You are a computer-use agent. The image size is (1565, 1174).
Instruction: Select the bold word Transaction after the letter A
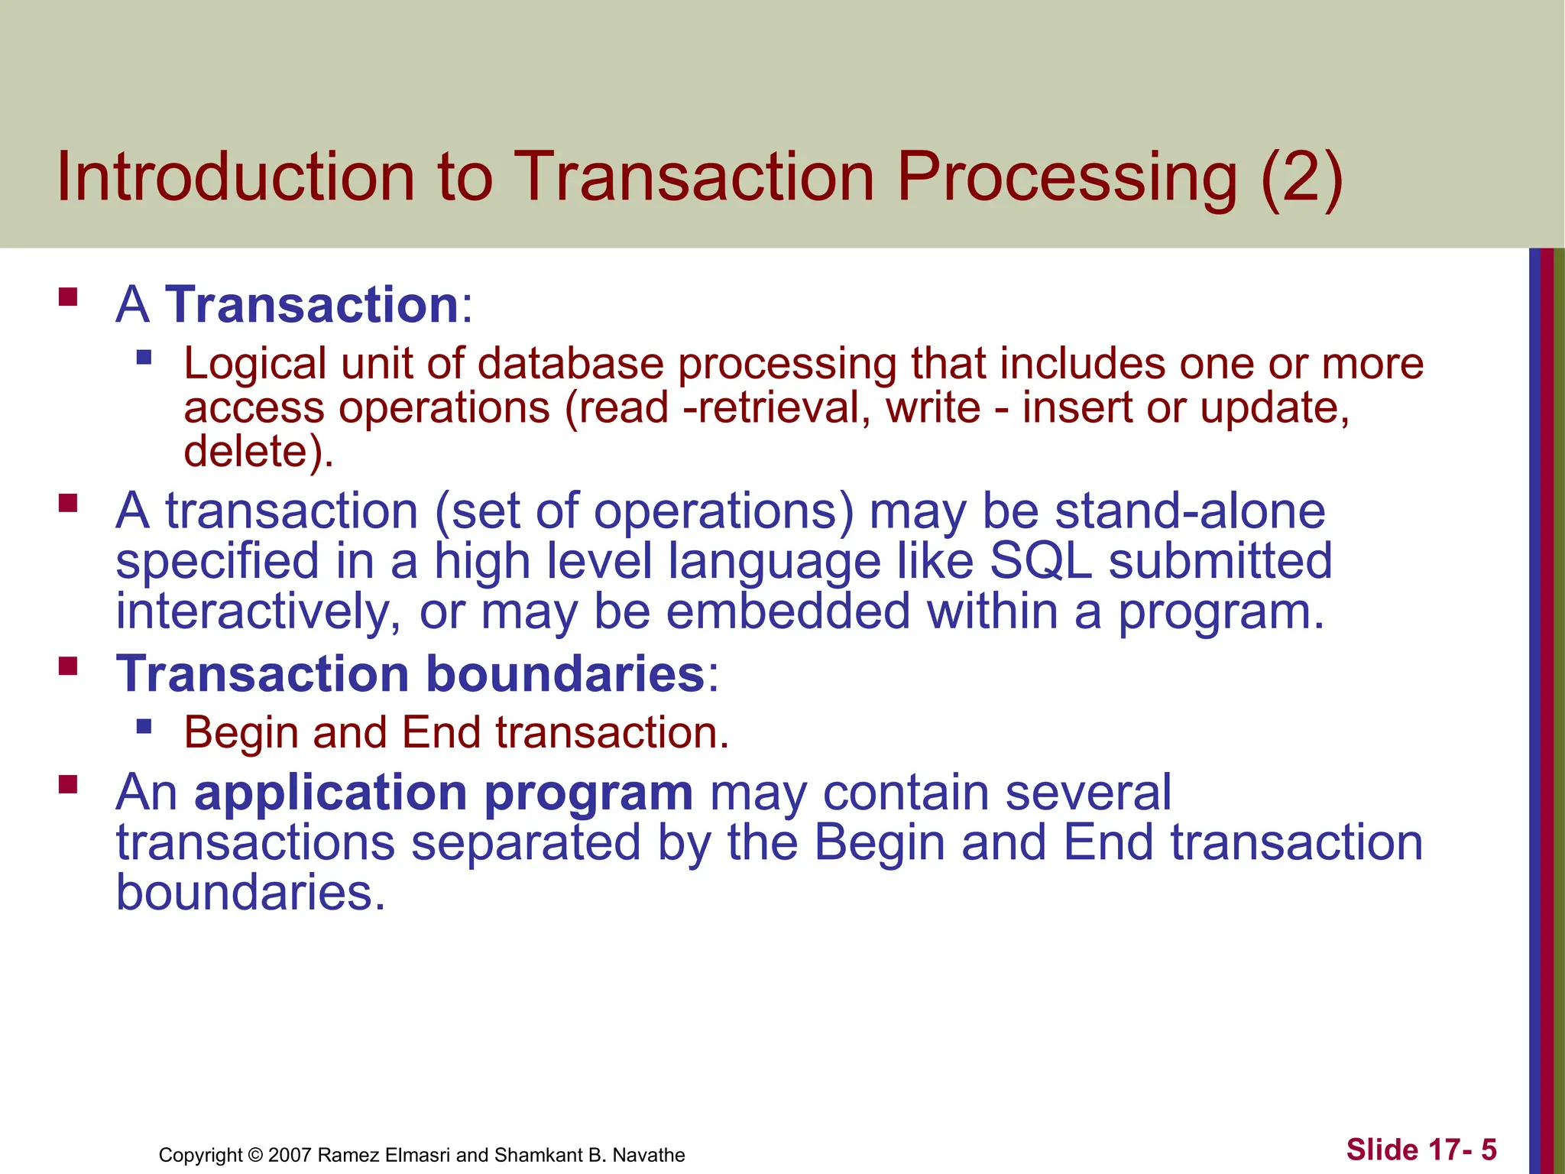coord(312,305)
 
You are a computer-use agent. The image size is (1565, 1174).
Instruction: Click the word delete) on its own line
coord(258,451)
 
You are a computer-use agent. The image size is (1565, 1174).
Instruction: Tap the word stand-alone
coord(1190,511)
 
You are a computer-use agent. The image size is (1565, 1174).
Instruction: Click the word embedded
coord(788,612)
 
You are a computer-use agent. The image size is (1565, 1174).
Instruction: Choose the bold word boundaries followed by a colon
coord(565,675)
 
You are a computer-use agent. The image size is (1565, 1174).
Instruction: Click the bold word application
coord(330,793)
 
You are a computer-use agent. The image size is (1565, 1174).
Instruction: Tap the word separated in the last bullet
coord(526,843)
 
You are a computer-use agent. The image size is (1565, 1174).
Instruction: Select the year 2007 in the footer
coord(290,1155)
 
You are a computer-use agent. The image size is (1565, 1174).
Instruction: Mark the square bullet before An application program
coord(68,784)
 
